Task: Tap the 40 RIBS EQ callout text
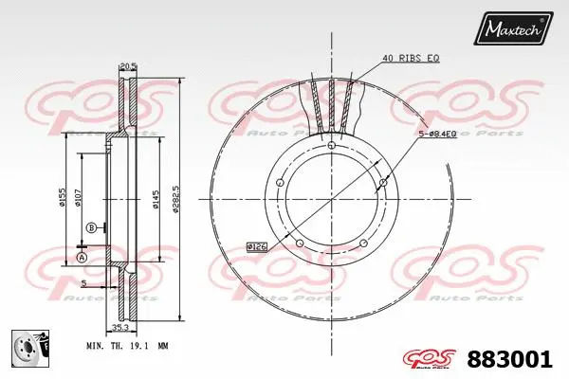pyautogui.click(x=412, y=59)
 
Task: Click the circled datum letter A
pyautogui.click(x=82, y=258)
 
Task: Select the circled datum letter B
pyautogui.click(x=91, y=227)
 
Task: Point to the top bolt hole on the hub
pyautogui.click(x=331, y=144)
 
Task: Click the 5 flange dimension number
pyautogui.click(x=83, y=283)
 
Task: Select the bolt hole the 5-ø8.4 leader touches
pyautogui.click(x=382, y=182)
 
